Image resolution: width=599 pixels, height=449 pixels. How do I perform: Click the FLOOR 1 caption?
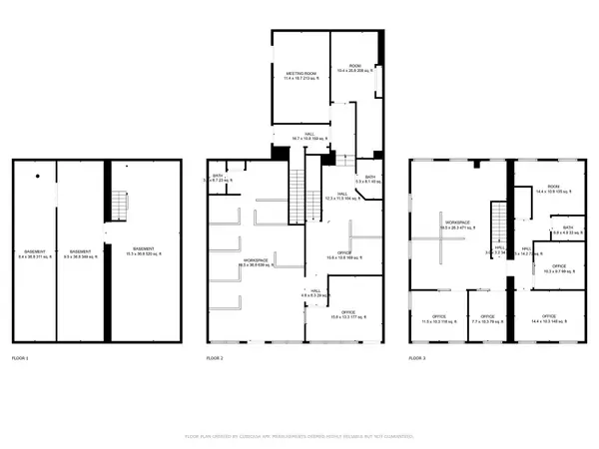pos(20,357)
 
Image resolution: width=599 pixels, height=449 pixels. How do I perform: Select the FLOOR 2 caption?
pos(215,357)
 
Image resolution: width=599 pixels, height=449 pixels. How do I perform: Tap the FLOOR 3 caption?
pos(417,357)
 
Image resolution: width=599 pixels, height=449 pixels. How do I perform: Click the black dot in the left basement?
pos(38,177)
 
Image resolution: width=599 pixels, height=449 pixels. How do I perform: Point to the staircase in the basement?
pos(120,206)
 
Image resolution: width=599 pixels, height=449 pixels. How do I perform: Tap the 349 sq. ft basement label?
pos(81,253)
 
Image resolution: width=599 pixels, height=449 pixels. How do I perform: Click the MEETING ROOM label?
pos(300,76)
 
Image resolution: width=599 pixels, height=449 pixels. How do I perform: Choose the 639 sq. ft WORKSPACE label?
pos(256,263)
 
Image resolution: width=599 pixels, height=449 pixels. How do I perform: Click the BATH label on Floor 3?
pos(567,228)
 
